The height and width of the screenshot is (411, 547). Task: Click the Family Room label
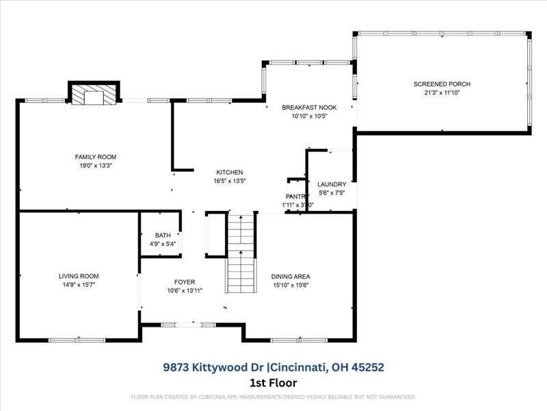coord(96,157)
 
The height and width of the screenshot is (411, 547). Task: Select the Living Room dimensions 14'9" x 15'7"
coord(79,284)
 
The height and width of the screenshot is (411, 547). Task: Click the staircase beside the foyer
coord(240,253)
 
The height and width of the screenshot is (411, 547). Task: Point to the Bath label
coord(163,235)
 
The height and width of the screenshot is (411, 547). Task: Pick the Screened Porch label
coord(442,84)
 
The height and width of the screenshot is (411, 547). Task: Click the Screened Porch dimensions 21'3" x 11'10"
coord(442,92)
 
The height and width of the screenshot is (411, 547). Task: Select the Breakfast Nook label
coord(308,108)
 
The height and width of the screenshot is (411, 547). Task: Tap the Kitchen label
coord(230,172)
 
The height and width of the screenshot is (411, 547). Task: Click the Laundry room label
coord(332,184)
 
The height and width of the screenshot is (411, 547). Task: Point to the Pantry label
coord(295,197)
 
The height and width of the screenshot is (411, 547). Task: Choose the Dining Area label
coord(291,277)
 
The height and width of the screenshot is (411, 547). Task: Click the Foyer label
coord(185,282)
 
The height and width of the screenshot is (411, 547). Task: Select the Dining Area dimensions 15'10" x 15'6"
coord(291,285)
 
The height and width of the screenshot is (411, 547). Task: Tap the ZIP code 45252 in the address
coord(368,367)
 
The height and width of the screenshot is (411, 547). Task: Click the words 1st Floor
coord(273,383)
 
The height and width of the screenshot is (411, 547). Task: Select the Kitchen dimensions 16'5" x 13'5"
coord(230,181)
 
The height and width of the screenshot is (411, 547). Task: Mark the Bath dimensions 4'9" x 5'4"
coord(163,243)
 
